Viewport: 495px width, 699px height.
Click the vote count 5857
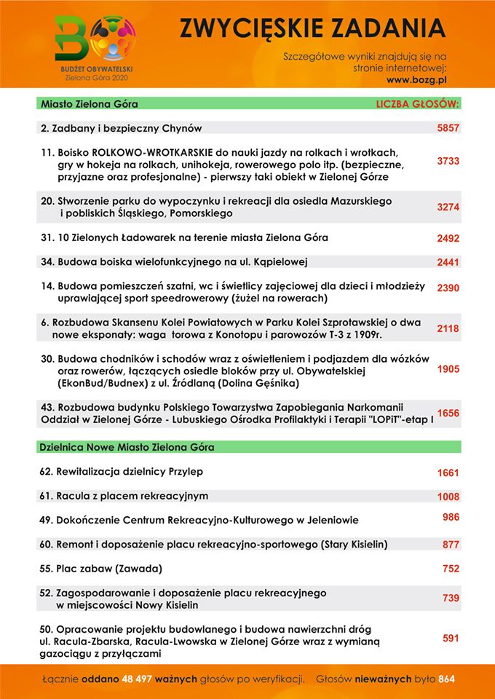coord(448,128)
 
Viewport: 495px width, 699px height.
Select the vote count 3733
coord(448,161)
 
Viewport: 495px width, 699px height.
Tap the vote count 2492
coord(448,238)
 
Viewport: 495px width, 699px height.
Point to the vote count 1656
coord(448,413)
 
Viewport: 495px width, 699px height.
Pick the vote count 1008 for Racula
coord(448,497)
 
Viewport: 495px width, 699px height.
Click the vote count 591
coord(451,638)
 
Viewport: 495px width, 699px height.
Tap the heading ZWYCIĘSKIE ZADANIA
coord(312,28)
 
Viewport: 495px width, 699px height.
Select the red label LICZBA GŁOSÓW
coord(418,104)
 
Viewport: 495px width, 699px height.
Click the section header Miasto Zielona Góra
coord(90,104)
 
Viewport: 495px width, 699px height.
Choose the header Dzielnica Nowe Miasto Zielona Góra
coord(127,446)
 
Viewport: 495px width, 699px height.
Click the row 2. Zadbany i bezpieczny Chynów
coord(122,128)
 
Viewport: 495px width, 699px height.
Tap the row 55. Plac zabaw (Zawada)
coord(100,568)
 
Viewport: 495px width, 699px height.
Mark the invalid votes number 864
coord(446,679)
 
